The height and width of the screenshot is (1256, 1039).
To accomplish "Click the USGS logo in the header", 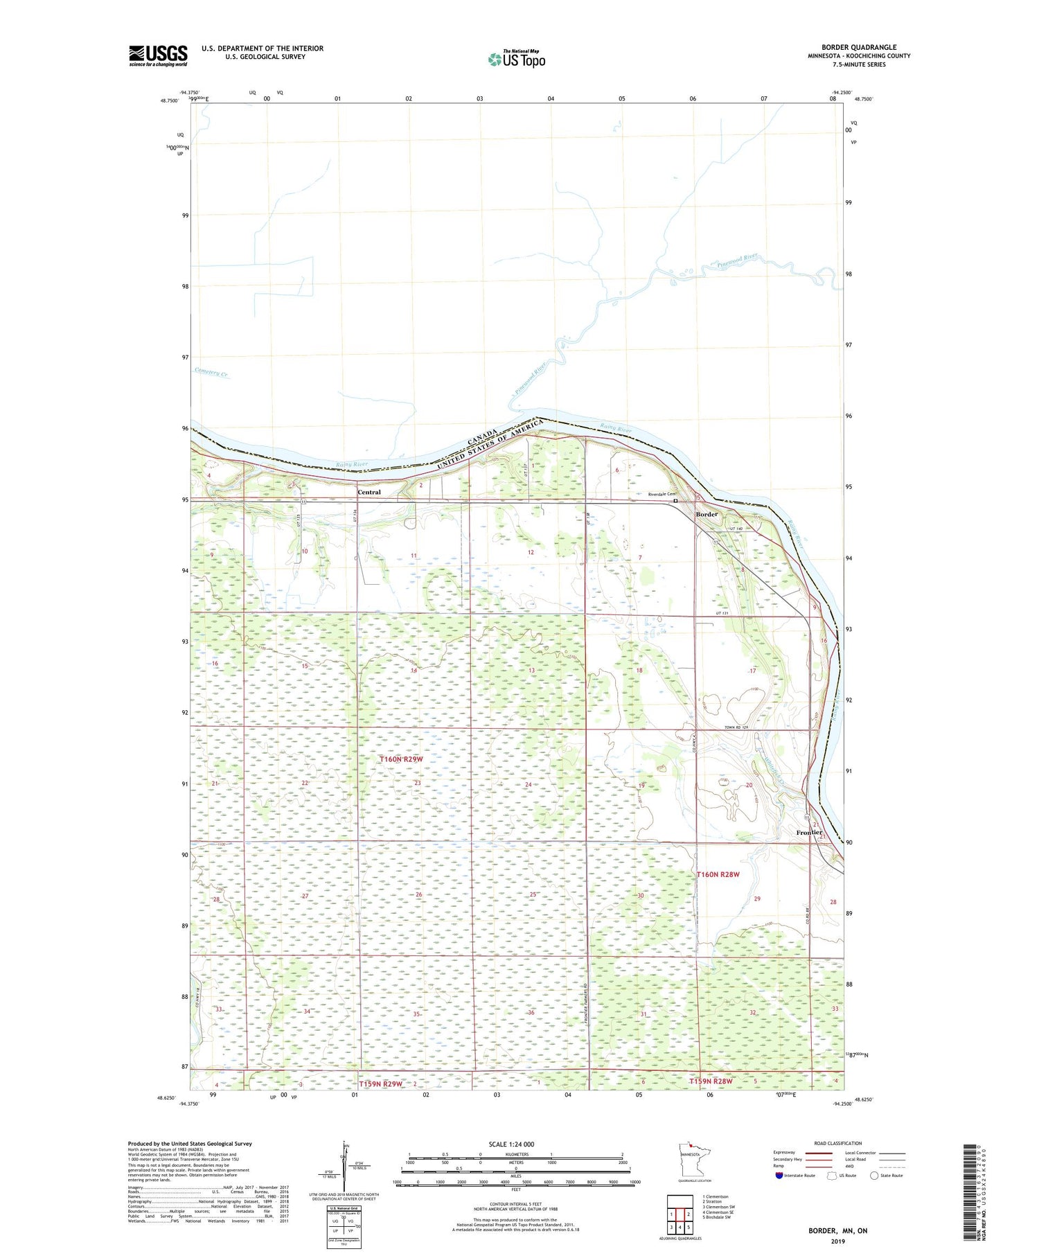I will (x=158, y=55).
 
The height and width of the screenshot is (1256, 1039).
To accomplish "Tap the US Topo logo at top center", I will (x=516, y=60).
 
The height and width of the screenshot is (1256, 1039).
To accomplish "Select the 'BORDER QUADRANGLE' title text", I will (x=859, y=48).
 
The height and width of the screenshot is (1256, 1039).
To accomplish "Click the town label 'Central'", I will (x=369, y=493).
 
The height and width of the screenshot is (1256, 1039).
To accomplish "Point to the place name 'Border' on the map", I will (x=707, y=515).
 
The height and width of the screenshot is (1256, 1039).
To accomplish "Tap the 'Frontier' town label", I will (x=809, y=833).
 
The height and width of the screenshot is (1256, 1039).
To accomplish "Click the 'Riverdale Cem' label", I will (x=661, y=495).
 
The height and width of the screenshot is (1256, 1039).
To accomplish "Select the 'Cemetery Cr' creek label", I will (x=212, y=373).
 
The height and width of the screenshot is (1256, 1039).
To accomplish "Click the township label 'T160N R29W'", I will (x=401, y=759).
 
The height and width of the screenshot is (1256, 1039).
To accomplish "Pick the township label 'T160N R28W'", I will (x=718, y=874).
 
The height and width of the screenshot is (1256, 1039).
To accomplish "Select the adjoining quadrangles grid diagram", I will (x=680, y=1214).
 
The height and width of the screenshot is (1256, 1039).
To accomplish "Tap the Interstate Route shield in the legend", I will (x=779, y=1176).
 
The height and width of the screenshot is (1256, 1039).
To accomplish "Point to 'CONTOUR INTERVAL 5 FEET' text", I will (x=515, y=1205).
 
